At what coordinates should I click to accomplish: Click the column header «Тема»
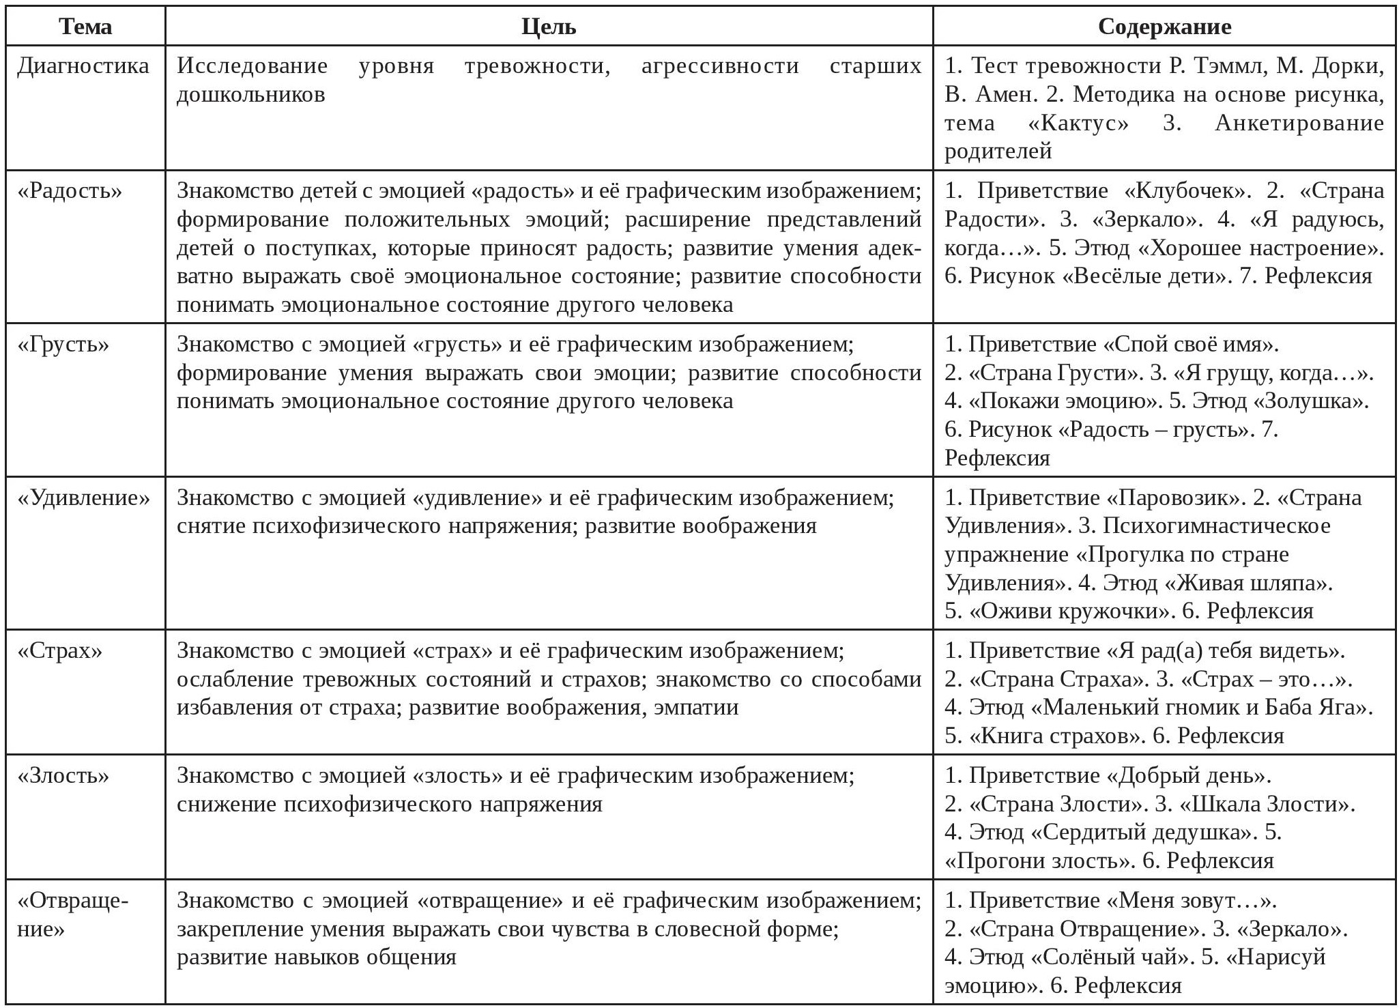(85, 27)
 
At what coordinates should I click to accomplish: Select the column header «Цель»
(549, 27)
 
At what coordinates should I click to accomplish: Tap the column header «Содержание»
(1164, 27)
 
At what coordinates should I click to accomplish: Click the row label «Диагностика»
(83, 66)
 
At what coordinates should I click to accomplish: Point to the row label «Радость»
(70, 191)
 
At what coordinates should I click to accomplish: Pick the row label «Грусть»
(63, 344)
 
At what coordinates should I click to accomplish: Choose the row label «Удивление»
(83, 498)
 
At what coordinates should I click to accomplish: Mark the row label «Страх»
(60, 651)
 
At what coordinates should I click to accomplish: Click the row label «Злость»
(63, 776)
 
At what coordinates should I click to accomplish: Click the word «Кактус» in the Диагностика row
(1078, 124)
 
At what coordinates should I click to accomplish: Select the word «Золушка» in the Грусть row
(1310, 401)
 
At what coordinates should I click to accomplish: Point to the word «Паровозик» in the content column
(1177, 498)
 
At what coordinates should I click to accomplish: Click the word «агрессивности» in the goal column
(720, 66)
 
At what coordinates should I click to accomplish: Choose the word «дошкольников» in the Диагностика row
(250, 95)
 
